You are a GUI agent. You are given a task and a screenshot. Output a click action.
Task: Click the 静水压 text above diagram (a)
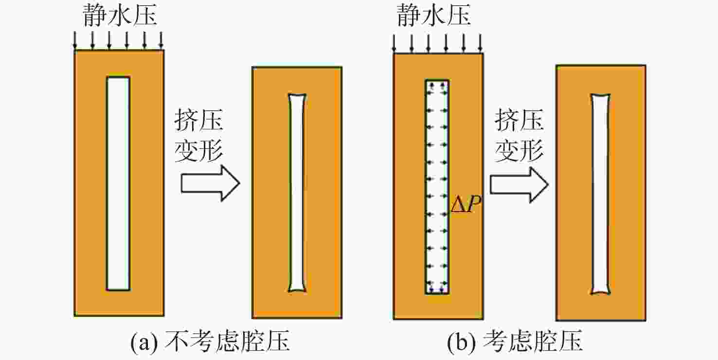click(120, 15)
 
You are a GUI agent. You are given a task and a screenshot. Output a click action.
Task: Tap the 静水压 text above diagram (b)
click(434, 15)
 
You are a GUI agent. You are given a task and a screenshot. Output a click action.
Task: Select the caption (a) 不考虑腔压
click(210, 341)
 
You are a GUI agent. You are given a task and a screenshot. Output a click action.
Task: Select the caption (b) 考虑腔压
click(515, 341)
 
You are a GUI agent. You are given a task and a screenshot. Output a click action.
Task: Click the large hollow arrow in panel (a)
click(210, 183)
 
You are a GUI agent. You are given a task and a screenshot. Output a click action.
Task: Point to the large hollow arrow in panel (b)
click(519, 185)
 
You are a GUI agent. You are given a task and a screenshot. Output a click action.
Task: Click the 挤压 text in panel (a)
click(199, 120)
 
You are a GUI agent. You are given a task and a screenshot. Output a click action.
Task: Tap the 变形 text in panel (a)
click(199, 150)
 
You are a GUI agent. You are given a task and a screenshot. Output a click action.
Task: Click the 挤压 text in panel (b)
click(519, 120)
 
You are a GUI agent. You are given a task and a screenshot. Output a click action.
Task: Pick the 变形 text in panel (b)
click(519, 150)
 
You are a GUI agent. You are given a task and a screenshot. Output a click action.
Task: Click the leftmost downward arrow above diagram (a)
click(75, 40)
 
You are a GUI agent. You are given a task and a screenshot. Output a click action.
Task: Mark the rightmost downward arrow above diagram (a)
click(161, 40)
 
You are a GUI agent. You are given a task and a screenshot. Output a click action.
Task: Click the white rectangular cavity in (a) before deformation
click(118, 183)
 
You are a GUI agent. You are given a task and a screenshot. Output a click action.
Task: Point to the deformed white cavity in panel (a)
click(297, 193)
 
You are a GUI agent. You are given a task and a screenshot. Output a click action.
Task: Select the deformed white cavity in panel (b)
click(600, 194)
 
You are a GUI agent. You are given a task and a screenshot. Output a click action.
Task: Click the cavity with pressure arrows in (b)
click(437, 187)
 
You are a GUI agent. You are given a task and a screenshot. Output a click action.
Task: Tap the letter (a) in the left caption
click(144, 342)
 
